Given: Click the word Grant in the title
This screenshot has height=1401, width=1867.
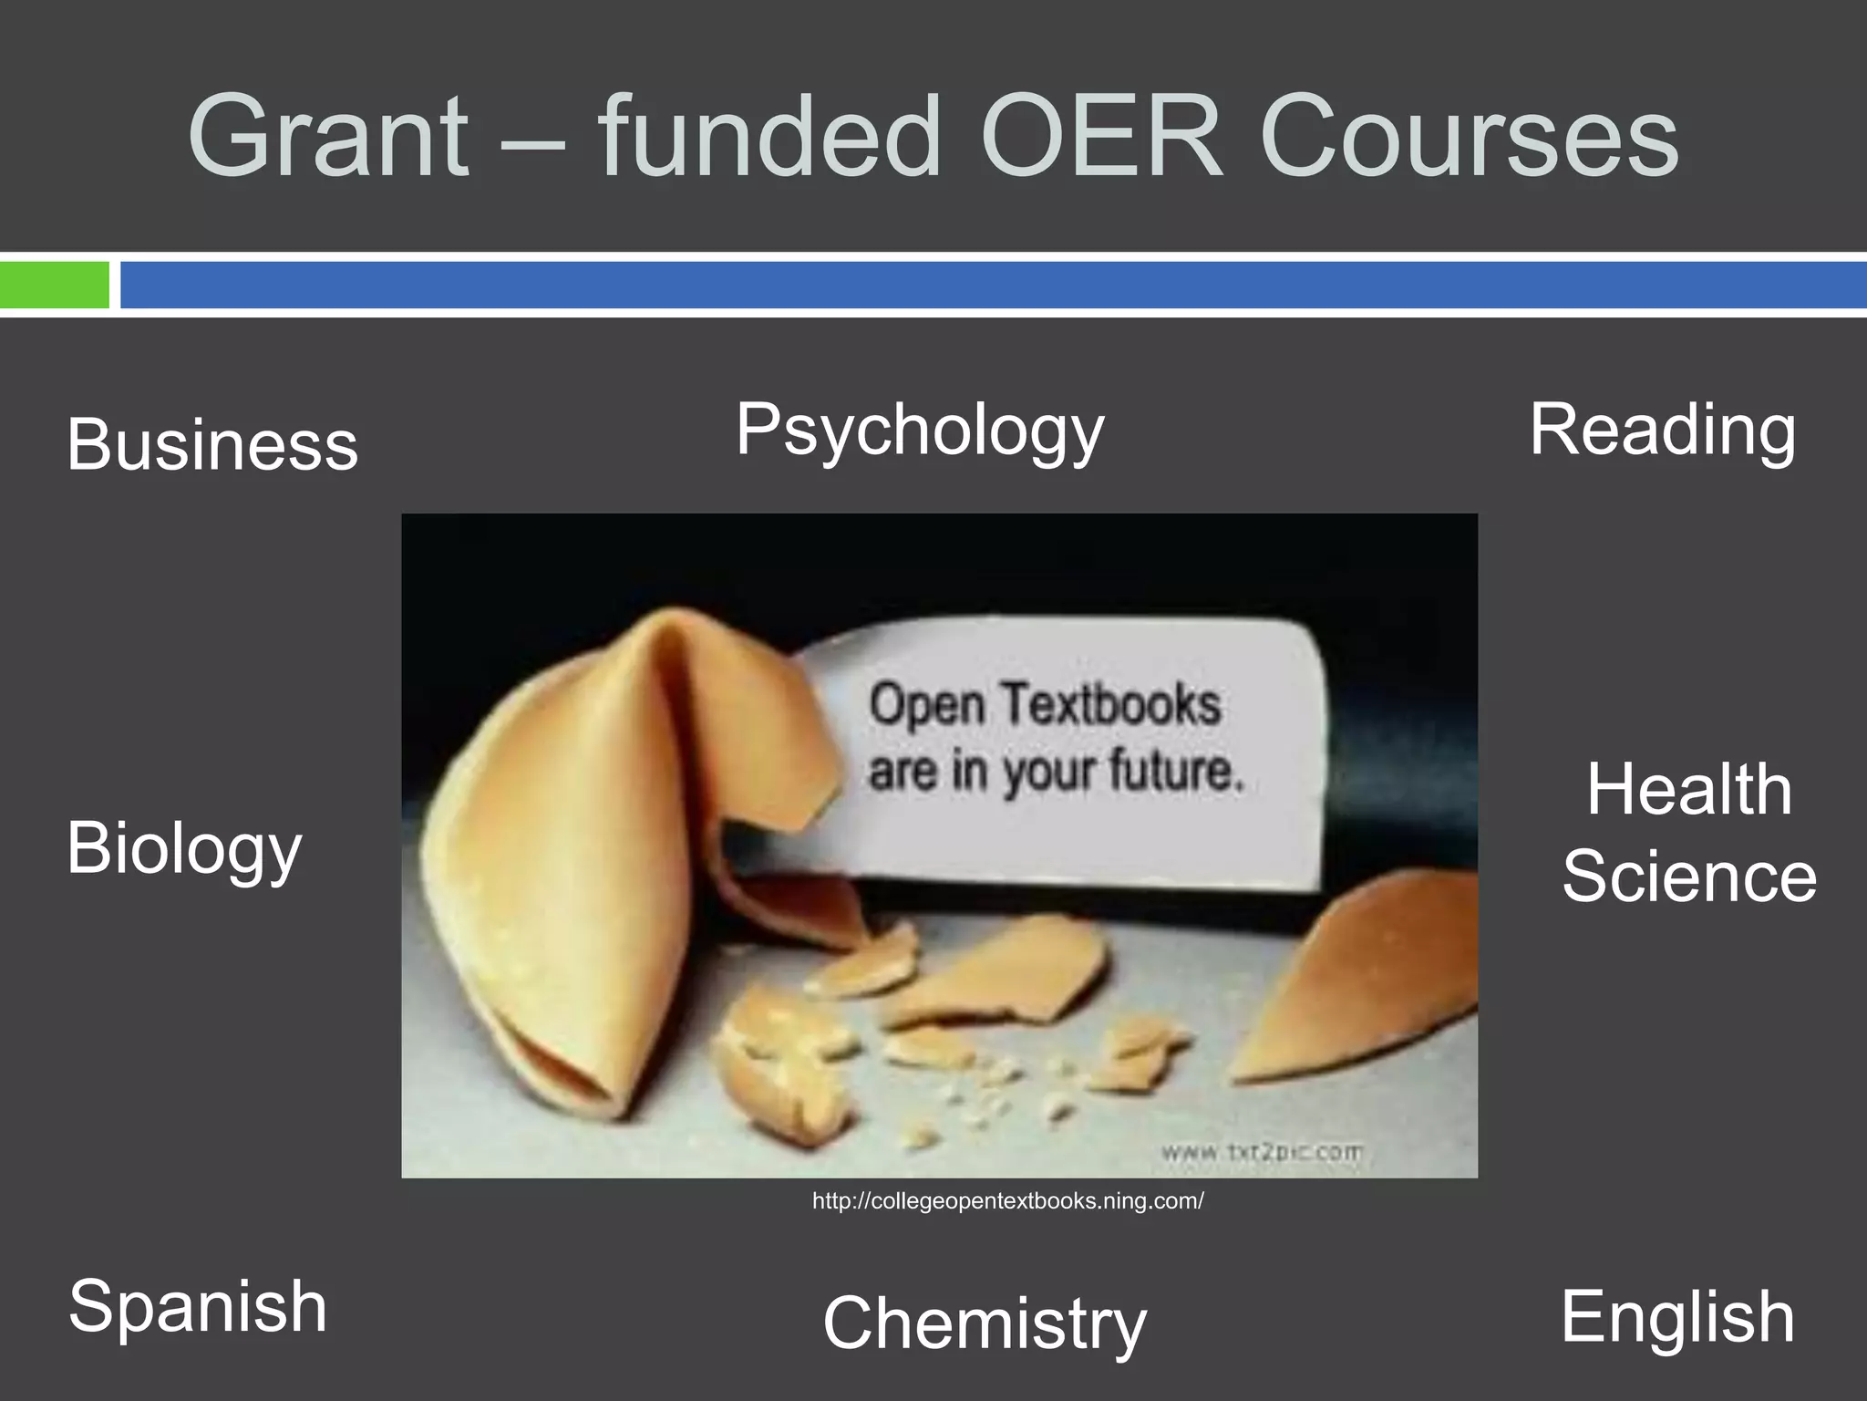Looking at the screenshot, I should click(328, 138).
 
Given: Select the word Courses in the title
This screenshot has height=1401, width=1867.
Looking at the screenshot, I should click(1470, 138).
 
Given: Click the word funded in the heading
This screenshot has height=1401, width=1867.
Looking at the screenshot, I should click(771, 138).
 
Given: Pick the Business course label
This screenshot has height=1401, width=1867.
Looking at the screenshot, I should click(212, 445).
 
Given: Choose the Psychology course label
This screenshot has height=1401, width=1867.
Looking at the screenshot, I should click(920, 431).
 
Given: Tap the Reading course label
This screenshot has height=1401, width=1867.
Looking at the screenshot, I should click(1662, 431).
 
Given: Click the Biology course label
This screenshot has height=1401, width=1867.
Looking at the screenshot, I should click(183, 848).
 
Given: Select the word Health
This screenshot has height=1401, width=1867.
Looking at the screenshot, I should click(1688, 790).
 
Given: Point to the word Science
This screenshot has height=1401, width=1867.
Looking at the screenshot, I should click(1689, 877).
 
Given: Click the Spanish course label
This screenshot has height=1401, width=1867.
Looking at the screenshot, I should click(197, 1306).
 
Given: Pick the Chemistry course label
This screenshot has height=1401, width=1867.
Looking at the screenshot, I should click(985, 1324).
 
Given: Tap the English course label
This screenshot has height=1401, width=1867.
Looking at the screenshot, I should click(1677, 1317).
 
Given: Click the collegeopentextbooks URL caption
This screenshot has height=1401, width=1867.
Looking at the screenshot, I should click(1007, 1201).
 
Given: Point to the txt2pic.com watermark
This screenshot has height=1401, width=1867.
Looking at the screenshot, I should click(1262, 1153).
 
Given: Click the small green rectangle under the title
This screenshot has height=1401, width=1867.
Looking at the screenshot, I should click(55, 285).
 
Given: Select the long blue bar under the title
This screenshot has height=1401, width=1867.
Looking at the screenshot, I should click(994, 285).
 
